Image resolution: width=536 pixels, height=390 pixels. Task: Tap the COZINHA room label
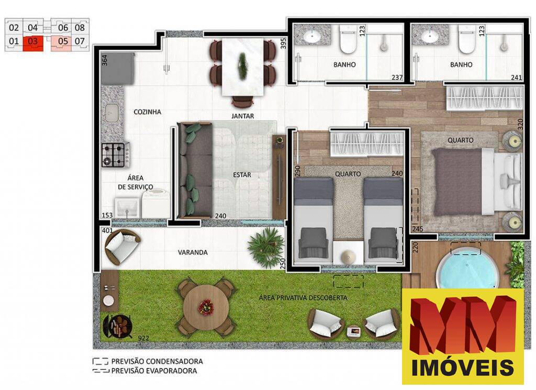[x=147, y=112]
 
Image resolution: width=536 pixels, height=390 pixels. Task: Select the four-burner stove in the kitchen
[x=116, y=154]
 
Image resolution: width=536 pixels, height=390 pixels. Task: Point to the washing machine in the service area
[x=155, y=204]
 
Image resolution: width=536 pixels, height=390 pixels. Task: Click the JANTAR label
[x=242, y=116]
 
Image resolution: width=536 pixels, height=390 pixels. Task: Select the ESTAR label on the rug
[x=242, y=175]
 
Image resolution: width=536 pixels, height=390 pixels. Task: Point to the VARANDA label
[x=193, y=252]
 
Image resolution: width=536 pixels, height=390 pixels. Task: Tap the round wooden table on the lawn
[x=205, y=307]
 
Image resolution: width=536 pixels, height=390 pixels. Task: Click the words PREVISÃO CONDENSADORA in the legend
[x=156, y=361]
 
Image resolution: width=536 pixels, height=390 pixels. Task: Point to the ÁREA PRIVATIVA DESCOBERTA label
[x=303, y=298]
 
